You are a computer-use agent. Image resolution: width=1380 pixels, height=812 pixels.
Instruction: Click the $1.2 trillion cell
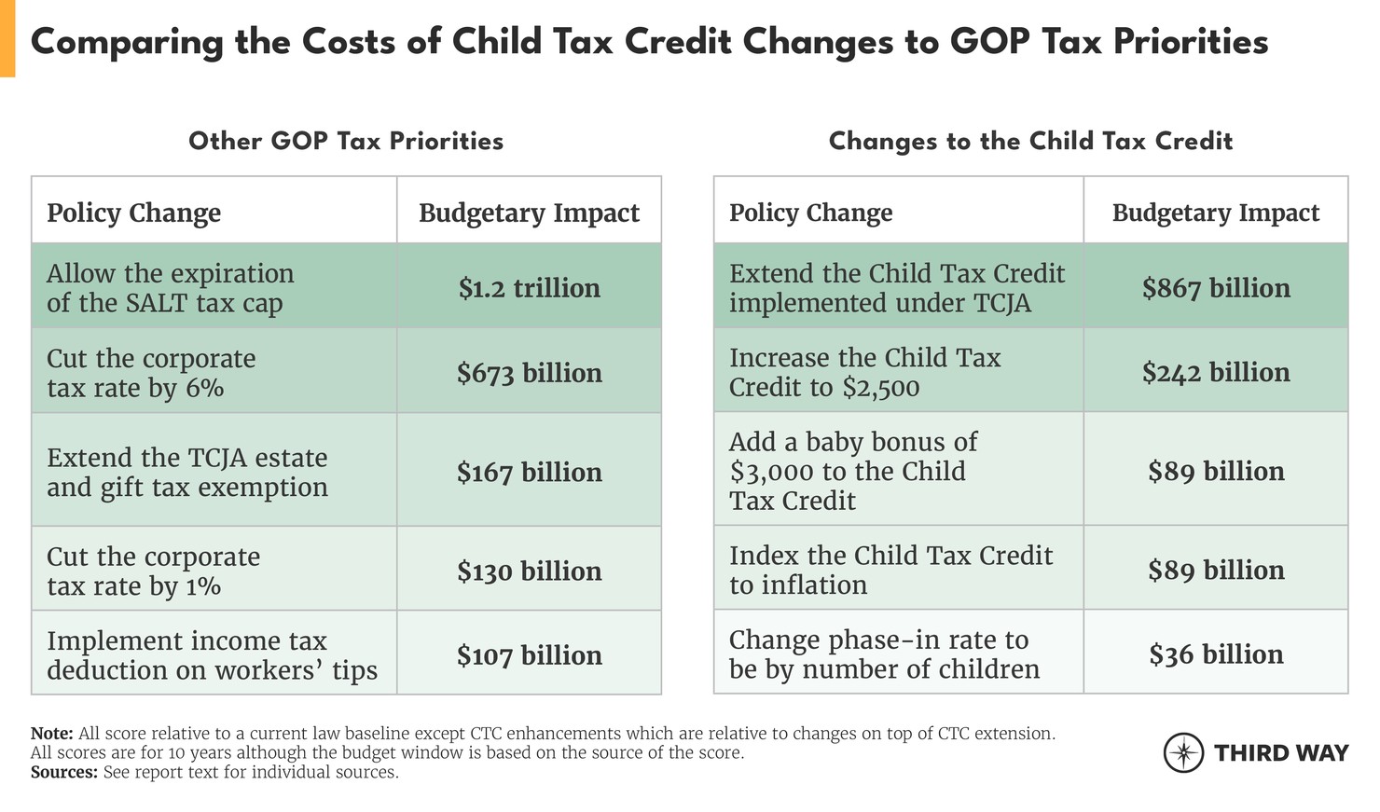coord(529,288)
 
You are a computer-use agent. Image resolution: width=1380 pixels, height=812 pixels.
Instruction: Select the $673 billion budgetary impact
coord(529,373)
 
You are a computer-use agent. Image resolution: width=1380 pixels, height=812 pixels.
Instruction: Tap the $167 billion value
coord(529,473)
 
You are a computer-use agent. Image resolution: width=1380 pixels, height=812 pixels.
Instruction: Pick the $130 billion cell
coord(529,571)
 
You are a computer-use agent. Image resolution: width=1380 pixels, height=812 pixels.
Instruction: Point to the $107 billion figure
coord(529,655)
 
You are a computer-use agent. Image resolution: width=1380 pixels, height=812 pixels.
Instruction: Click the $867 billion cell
coord(1216,288)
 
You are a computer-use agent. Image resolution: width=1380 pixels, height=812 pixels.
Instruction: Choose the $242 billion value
coord(1216,372)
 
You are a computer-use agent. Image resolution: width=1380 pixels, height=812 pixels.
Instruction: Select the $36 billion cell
coord(1216,654)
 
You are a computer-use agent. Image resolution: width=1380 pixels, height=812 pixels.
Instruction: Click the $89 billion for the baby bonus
coord(1216,471)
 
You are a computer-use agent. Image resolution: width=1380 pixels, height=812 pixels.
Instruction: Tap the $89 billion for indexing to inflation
coord(1216,570)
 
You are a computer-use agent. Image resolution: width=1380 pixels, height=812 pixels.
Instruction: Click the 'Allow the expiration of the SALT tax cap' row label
coord(170,288)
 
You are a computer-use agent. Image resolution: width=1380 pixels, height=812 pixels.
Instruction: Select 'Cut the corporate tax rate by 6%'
coord(151,373)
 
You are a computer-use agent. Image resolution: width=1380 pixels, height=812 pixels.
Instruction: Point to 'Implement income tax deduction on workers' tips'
coord(212,655)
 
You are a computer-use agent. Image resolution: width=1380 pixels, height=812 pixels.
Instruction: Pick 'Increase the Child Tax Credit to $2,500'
coord(864,372)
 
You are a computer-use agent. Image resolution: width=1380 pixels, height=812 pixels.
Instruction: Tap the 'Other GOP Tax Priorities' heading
coord(346,141)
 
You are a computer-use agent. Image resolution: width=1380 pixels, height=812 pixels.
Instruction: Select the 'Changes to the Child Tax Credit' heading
coord(1030,141)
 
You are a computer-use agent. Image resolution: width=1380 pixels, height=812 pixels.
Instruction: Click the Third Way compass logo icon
coord(1184,752)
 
